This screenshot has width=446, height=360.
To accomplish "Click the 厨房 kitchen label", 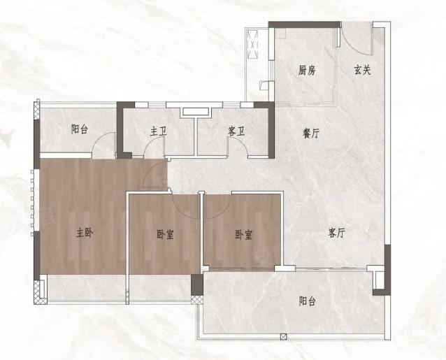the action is pyautogui.click(x=307, y=70).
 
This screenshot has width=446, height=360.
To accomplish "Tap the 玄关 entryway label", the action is pyautogui.click(x=363, y=70).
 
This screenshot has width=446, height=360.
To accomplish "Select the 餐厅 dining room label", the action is pyautogui.click(x=311, y=133).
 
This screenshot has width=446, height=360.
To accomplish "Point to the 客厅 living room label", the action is pyautogui.click(x=336, y=233).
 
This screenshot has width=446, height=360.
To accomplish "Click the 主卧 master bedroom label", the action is pyautogui.click(x=85, y=233).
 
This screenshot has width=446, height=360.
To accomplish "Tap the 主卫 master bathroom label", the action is pyautogui.click(x=158, y=131).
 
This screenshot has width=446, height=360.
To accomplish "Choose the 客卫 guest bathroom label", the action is pyautogui.click(x=236, y=131).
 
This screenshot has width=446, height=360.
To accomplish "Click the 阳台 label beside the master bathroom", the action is pyautogui.click(x=80, y=129).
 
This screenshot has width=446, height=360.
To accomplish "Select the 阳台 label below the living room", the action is pyautogui.click(x=307, y=301).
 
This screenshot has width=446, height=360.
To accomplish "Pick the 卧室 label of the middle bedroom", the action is pyautogui.click(x=165, y=235).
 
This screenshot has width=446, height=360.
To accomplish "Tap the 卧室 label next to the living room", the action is pyautogui.click(x=244, y=235).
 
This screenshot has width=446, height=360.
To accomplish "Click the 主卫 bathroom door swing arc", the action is pyautogui.click(x=150, y=144).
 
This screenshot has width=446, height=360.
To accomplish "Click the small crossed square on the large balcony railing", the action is pyautogui.click(x=283, y=337).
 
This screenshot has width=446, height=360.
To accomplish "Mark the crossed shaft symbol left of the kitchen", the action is pyautogui.click(x=253, y=44).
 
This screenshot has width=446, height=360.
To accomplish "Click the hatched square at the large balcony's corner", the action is pyautogui.click(x=197, y=299).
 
